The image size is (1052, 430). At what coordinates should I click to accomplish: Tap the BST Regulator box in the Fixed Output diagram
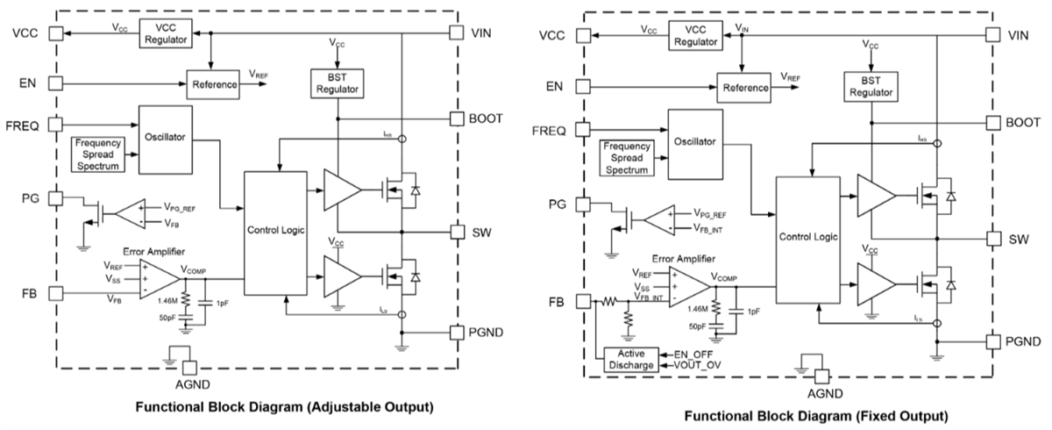(x=870, y=85)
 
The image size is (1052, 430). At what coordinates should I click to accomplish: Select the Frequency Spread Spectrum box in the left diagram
(x=97, y=154)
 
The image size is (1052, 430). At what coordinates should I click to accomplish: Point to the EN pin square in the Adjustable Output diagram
(x=55, y=84)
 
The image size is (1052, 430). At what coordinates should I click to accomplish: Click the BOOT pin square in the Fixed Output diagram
(x=993, y=123)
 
